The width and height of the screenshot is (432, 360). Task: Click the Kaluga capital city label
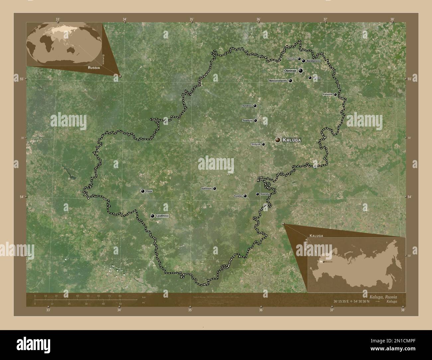click(x=292, y=140)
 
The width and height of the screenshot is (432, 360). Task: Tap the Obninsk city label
click(x=290, y=71)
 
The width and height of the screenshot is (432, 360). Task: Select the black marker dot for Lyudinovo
click(x=152, y=216)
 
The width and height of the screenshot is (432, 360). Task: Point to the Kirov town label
click(x=149, y=191)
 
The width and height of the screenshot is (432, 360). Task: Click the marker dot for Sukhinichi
click(x=215, y=189)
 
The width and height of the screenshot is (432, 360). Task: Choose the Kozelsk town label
click(x=238, y=196)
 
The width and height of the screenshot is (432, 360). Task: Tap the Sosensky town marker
click(x=258, y=194)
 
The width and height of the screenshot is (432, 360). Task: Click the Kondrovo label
click(x=247, y=106)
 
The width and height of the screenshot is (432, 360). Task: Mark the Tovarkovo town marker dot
click(x=256, y=121)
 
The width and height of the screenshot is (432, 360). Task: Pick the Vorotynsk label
click(x=256, y=144)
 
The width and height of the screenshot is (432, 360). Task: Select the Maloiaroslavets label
click(x=278, y=81)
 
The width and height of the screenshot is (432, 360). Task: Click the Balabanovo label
click(x=313, y=61)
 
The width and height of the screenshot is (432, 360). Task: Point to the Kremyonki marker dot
click(x=335, y=95)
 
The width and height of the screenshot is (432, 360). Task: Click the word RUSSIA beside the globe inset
click(x=94, y=67)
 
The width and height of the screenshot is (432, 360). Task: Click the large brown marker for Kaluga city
click(x=277, y=140)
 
